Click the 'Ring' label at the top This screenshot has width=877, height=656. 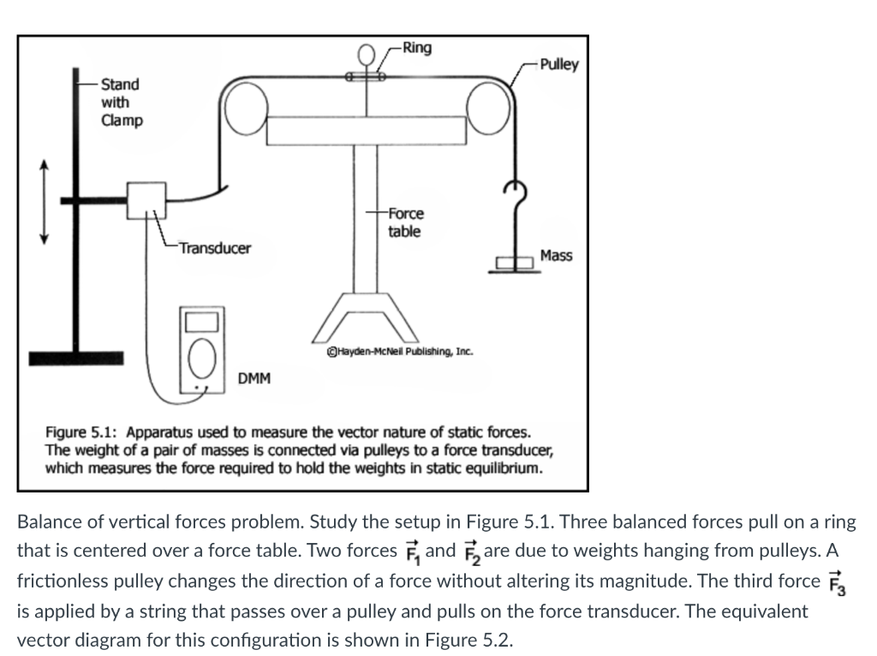pyautogui.click(x=417, y=47)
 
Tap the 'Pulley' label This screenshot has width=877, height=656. pyautogui.click(x=558, y=64)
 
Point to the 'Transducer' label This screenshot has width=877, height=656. pyautogui.click(x=214, y=248)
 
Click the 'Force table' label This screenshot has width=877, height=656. pyautogui.click(x=405, y=222)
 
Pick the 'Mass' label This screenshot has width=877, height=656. pyautogui.click(x=557, y=255)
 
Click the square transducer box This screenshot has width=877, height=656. pyautogui.click(x=146, y=200)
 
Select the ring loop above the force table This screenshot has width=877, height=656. pyautogui.click(x=365, y=59)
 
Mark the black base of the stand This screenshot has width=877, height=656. pyautogui.click(x=76, y=356)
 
